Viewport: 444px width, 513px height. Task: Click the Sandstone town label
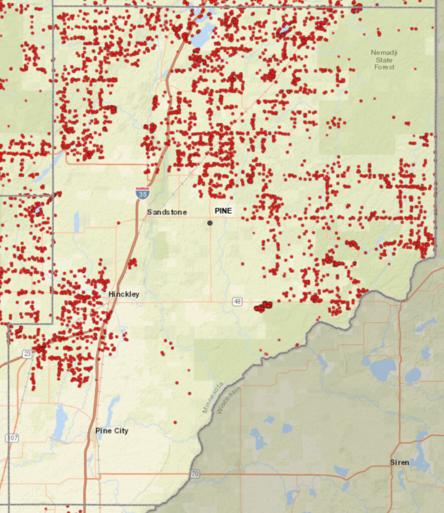[x=167, y=212]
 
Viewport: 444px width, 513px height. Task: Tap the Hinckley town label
[x=124, y=295]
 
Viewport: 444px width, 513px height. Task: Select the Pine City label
[x=112, y=431]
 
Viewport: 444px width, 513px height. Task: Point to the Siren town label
[x=399, y=462]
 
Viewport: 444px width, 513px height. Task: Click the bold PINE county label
[x=223, y=211]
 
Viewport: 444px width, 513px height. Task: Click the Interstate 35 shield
[x=142, y=193]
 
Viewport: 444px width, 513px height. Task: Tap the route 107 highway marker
[x=12, y=438]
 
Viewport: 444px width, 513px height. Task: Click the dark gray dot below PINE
[x=210, y=223]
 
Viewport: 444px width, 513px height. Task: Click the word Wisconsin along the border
[x=228, y=399]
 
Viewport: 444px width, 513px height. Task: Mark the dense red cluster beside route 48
[x=263, y=306]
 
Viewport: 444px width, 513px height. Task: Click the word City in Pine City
[x=120, y=431]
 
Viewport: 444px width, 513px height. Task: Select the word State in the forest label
[x=384, y=60]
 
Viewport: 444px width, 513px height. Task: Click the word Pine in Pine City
[x=103, y=431]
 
